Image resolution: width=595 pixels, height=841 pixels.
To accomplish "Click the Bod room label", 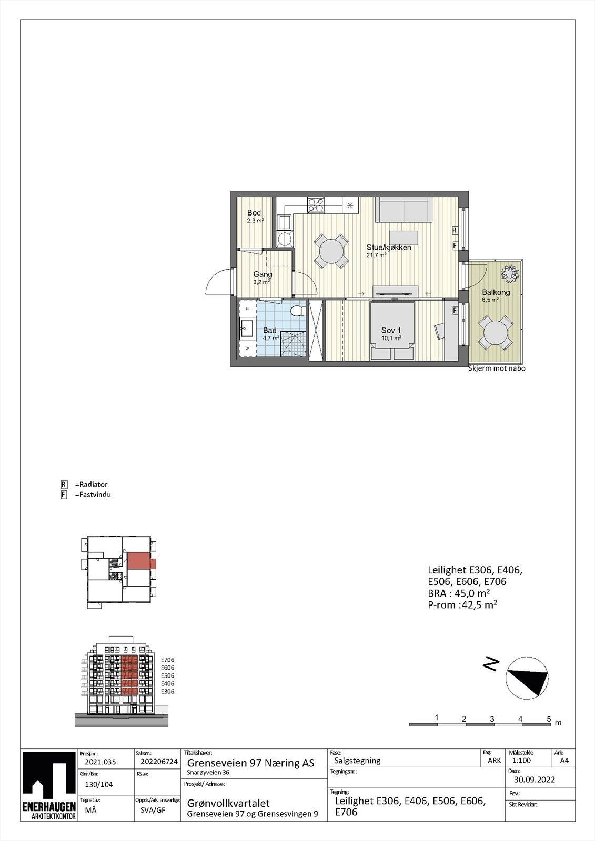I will (x=254, y=213).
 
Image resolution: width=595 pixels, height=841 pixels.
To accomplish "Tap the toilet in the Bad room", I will (x=297, y=310).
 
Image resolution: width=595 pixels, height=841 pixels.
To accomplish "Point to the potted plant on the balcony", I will (x=509, y=273).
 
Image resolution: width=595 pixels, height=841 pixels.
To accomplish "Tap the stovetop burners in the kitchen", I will (x=316, y=204).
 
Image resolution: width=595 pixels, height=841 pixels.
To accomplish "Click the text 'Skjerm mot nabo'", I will (x=497, y=368).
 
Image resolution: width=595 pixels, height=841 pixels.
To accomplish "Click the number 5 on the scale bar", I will (x=548, y=719).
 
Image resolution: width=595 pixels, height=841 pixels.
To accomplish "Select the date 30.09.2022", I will (x=534, y=780).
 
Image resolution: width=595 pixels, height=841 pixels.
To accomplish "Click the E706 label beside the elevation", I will (x=167, y=660).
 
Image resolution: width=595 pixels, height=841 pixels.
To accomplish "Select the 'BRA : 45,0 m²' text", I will (x=459, y=593).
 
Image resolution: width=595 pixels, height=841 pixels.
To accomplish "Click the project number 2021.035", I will (x=100, y=762).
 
